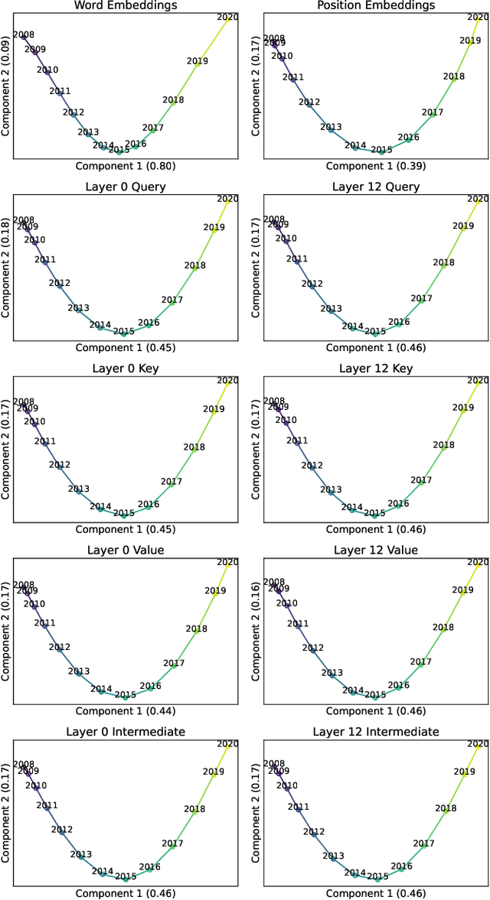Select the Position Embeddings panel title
click(374, 5)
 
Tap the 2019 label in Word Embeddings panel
click(197, 61)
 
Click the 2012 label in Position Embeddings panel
click(309, 102)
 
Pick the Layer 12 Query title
click(375, 187)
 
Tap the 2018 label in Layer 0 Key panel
click(194, 447)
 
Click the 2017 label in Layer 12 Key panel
click(421, 480)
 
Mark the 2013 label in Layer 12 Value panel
click(331, 673)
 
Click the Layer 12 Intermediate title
click(375, 732)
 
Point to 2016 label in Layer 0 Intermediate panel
click(149, 867)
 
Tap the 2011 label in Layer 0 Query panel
click(45, 260)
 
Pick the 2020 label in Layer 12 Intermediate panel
click(478, 743)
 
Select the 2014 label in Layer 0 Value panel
click(101, 689)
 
